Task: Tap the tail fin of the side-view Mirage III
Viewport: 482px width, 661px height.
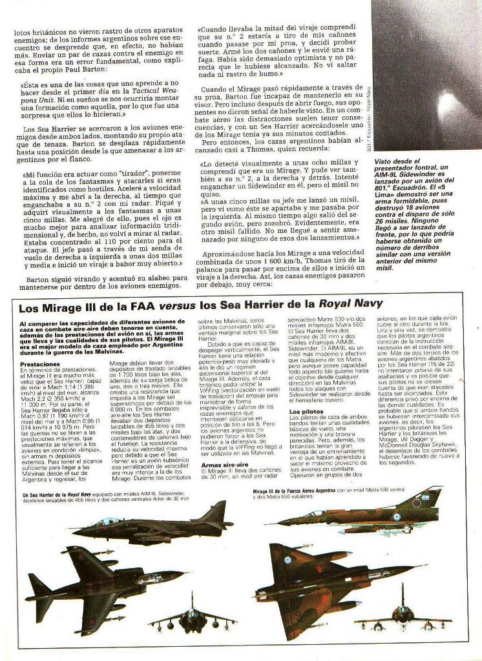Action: pyautogui.click(x=429, y=498)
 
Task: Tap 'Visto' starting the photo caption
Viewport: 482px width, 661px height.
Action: pyautogui.click(x=386, y=161)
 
